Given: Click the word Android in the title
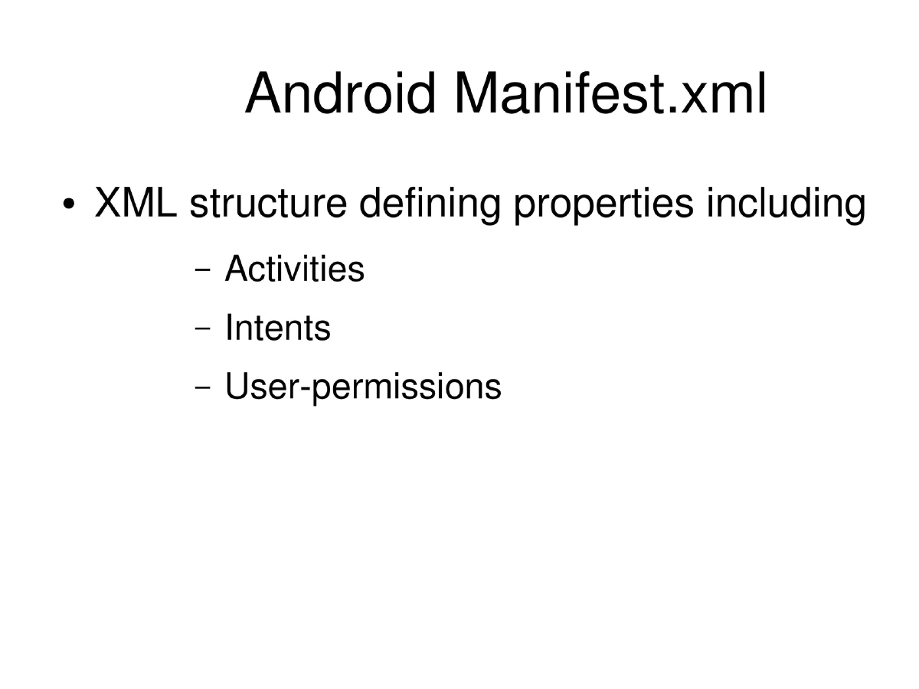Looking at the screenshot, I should click(x=342, y=93).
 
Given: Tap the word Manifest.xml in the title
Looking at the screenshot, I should click(x=610, y=93).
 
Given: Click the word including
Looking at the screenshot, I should click(x=787, y=207).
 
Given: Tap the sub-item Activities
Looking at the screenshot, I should click(x=294, y=269).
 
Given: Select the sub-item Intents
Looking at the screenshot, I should click(x=277, y=328).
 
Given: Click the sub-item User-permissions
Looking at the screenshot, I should click(x=363, y=387).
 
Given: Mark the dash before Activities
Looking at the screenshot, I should click(x=203, y=270).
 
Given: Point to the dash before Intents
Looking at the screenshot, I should click(x=203, y=330).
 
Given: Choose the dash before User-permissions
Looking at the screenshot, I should click(x=203, y=388).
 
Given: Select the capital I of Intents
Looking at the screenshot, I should click(x=229, y=328).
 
